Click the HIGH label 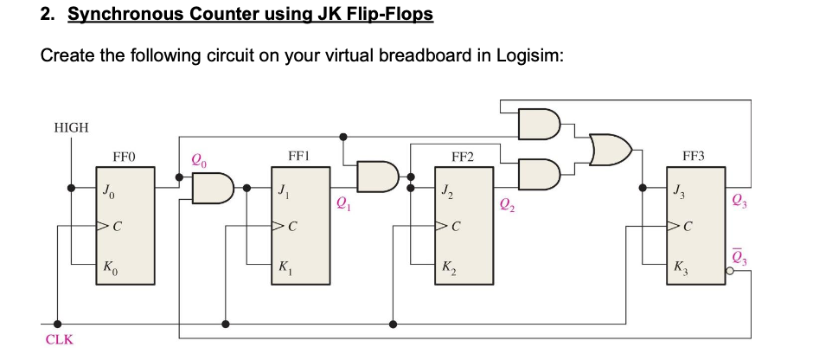point(71,127)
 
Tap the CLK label point(59,339)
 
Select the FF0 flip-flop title point(125,157)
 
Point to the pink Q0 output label point(199,159)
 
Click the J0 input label point(107,189)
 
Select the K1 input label point(284,267)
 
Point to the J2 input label point(445,189)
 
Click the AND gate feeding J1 point(213,188)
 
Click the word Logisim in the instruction point(532,55)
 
